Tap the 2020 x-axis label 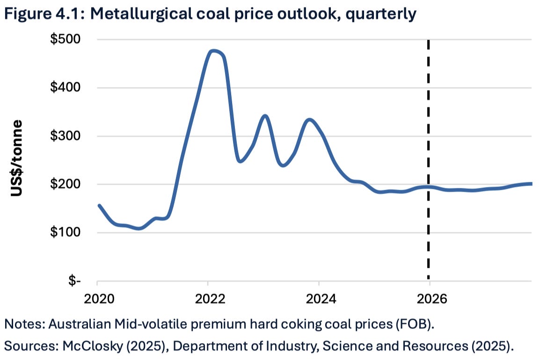tap(97, 298)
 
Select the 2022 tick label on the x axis tap(208, 298)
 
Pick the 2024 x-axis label tap(319, 298)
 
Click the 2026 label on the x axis tap(429, 298)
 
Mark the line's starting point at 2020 tap(99, 205)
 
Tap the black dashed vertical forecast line tap(429, 140)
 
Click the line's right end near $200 tap(531, 184)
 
